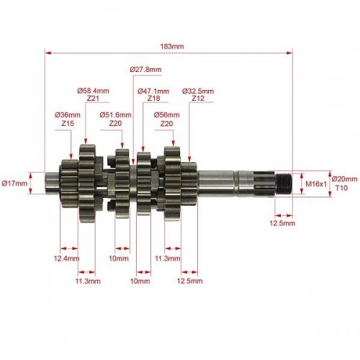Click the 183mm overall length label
point(172,46)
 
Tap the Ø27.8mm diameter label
point(145,70)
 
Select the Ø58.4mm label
point(93,91)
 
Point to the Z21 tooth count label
point(93,99)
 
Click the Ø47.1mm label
point(153,91)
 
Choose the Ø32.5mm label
point(198,91)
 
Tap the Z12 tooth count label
point(198,99)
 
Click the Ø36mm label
point(68,115)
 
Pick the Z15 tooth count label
point(68,123)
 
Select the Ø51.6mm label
point(115,115)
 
